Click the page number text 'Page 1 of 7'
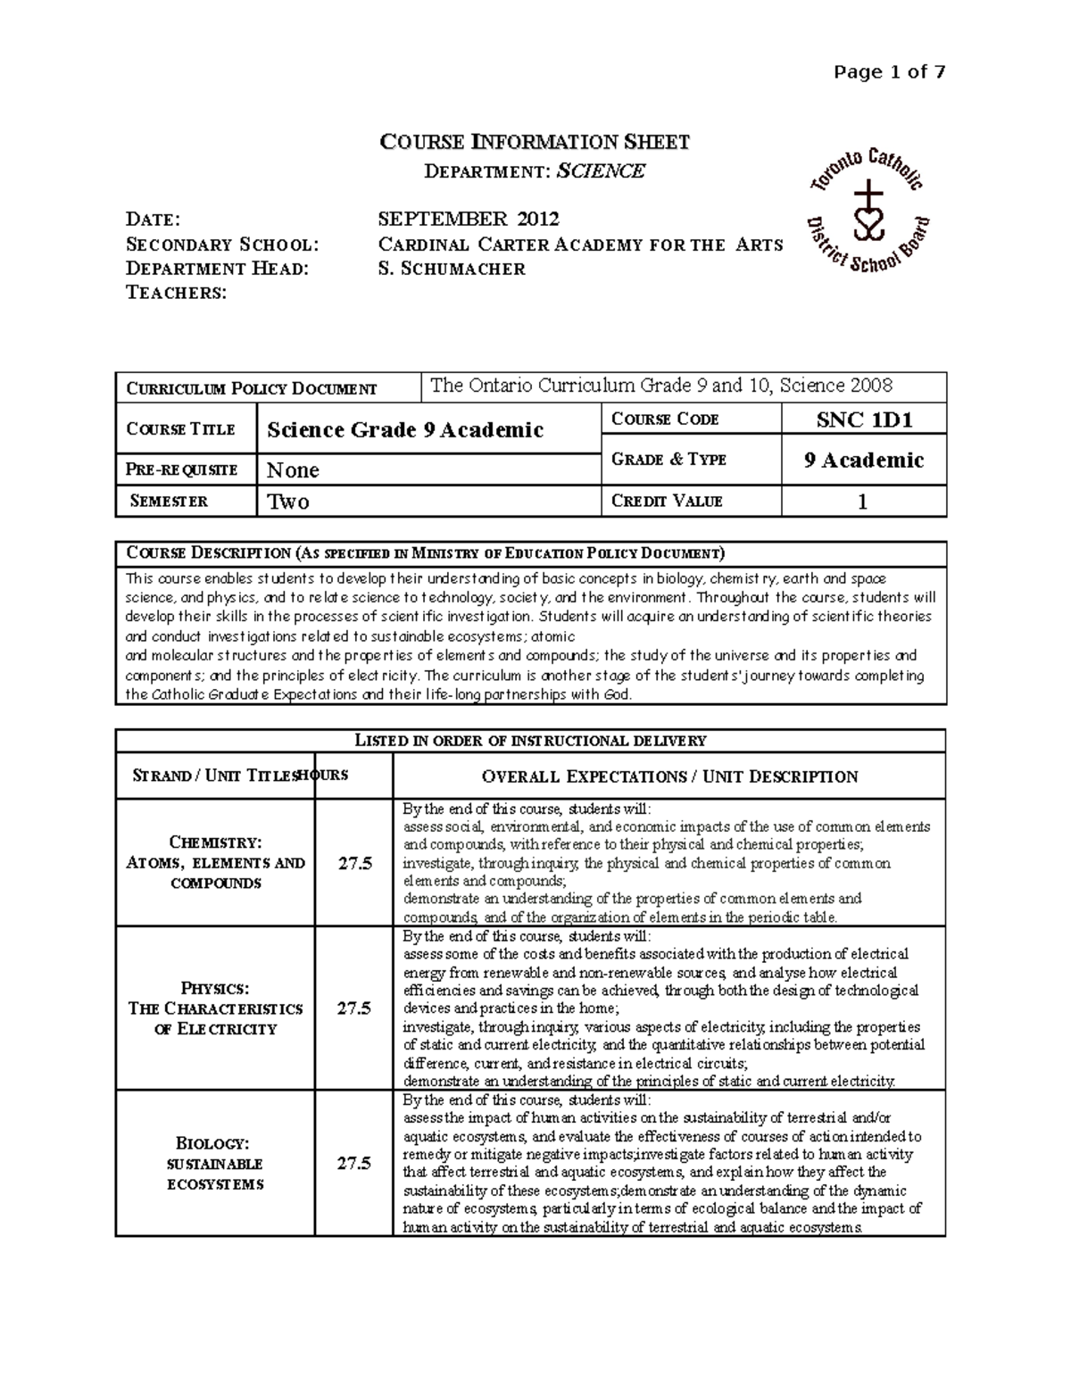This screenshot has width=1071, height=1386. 889,72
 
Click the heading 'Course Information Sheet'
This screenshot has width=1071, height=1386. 535,142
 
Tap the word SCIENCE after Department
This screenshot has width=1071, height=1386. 600,171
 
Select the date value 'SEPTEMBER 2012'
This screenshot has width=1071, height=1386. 469,219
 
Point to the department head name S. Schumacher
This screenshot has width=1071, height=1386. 452,269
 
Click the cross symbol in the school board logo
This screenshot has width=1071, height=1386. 866,195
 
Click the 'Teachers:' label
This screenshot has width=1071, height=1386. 177,293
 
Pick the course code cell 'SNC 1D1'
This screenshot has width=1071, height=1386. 863,420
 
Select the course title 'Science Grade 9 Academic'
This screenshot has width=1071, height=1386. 405,430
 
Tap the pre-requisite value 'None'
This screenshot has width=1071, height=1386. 293,470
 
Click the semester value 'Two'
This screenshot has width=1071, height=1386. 288,502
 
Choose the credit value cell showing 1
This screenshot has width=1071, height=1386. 862,502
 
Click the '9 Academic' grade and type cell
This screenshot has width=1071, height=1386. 863,461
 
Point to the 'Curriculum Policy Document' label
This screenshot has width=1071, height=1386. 252,389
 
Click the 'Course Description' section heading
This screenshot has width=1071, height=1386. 426,553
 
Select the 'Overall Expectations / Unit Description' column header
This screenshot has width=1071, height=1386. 669,776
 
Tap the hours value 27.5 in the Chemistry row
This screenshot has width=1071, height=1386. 353,863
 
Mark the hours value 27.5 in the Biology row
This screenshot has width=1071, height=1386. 353,1163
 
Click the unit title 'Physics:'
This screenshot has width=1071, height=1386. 215,988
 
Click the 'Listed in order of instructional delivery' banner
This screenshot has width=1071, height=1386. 530,741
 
